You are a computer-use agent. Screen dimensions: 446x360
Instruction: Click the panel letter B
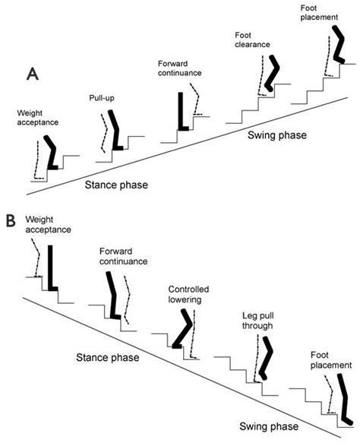tap(11, 220)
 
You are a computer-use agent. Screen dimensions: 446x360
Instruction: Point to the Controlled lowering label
tap(189, 294)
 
